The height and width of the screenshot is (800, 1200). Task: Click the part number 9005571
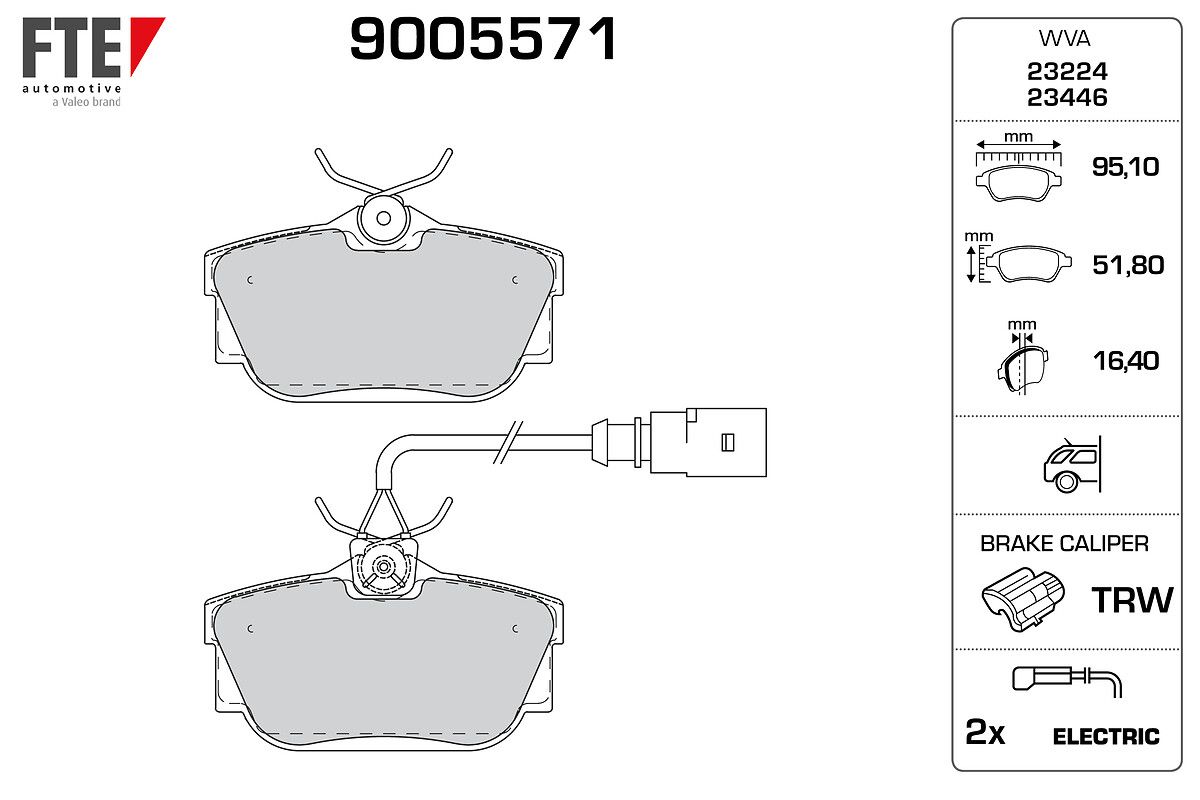pos(483,39)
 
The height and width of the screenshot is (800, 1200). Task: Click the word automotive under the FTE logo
pos(72,88)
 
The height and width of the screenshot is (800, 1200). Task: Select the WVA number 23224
pos(1067,71)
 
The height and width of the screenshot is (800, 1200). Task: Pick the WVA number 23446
pos(1067,98)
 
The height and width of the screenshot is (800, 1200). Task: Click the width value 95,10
pos(1126,167)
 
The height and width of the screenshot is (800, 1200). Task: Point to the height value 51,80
pos(1128,265)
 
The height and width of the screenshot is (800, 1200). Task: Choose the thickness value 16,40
pos(1126,361)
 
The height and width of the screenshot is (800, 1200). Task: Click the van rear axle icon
pos(1072,464)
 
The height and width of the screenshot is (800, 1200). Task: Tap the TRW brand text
pos(1132,600)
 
